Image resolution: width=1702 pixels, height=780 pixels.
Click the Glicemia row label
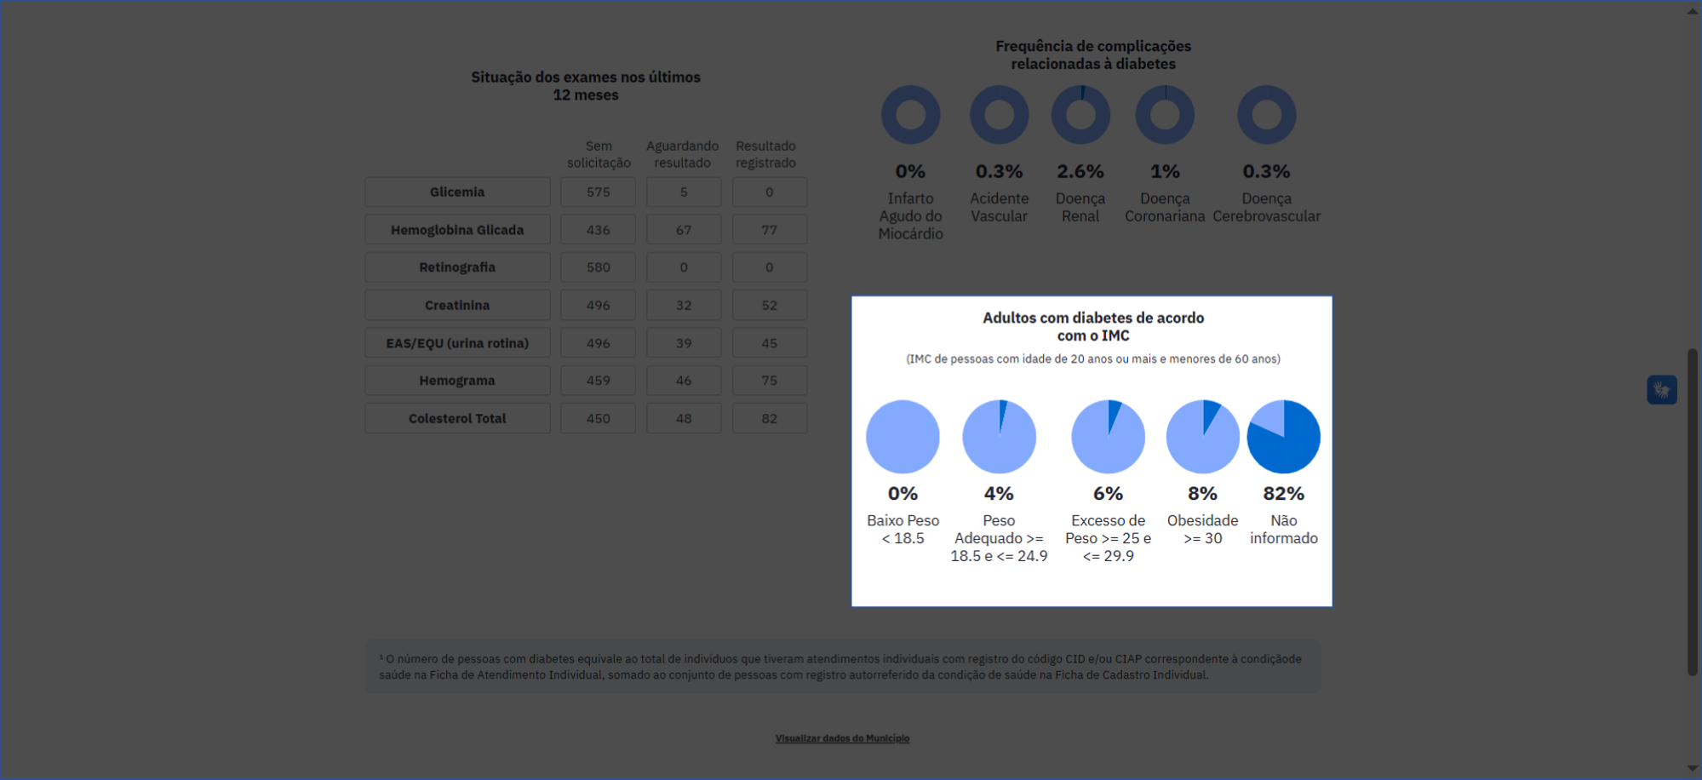[x=457, y=192]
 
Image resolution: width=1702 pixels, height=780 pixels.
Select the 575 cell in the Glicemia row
[x=598, y=192]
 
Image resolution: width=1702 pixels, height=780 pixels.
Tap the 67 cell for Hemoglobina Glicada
[x=683, y=230]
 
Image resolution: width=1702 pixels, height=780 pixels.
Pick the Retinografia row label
[x=457, y=267]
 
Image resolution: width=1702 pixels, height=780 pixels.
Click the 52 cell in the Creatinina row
[x=769, y=305]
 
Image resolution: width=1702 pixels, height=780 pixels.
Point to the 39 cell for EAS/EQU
[x=683, y=343]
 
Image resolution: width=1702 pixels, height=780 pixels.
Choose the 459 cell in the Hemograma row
[x=598, y=381]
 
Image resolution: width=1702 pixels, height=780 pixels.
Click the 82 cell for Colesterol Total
[x=769, y=419]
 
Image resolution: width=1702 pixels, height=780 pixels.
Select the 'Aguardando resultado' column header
[x=682, y=154]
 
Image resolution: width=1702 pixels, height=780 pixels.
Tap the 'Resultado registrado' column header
[x=765, y=154]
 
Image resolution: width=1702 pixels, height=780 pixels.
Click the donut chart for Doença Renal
[x=1080, y=115]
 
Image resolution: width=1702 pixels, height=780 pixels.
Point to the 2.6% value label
[x=1080, y=171]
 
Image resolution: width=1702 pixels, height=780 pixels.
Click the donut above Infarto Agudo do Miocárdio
[x=910, y=115]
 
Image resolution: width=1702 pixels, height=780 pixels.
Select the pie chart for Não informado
[x=1283, y=437]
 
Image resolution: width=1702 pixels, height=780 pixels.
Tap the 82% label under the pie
[x=1283, y=494]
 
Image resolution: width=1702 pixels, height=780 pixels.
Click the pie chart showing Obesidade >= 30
[x=1202, y=437]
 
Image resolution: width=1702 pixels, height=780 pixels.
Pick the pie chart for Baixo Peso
[x=903, y=437]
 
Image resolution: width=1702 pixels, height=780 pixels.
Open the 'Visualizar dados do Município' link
[x=842, y=738]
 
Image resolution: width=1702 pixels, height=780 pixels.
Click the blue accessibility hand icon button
[x=1661, y=390]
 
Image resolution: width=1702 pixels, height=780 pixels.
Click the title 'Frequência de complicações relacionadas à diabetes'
[x=1093, y=54]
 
